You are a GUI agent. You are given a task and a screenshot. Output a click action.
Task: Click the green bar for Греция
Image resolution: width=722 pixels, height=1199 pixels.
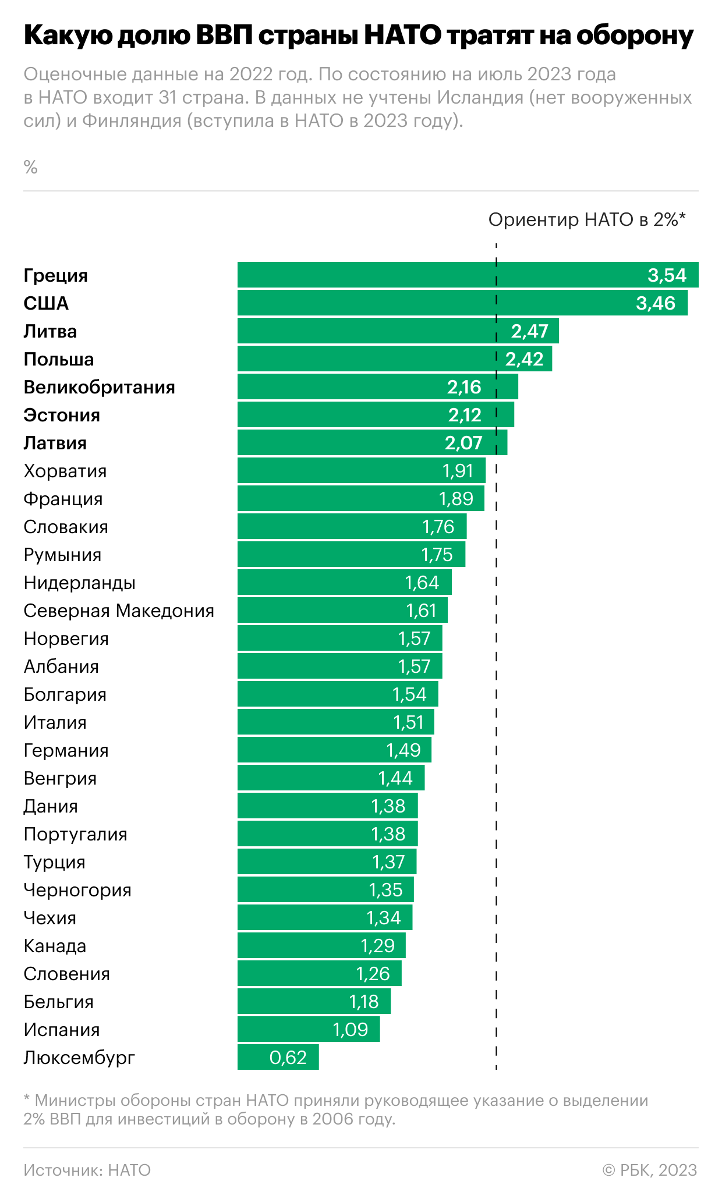click(x=468, y=275)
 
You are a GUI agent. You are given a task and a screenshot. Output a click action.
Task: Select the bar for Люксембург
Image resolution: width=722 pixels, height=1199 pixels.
click(x=278, y=1057)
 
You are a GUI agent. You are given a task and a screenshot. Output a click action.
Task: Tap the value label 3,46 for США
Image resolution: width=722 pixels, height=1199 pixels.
click(x=656, y=303)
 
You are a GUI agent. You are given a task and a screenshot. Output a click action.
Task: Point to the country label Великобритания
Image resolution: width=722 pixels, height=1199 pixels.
click(x=99, y=387)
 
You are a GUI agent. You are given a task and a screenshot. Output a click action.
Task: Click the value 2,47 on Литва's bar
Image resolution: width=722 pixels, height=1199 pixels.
click(x=530, y=331)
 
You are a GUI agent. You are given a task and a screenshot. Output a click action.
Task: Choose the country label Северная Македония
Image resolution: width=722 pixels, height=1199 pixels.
click(x=119, y=611)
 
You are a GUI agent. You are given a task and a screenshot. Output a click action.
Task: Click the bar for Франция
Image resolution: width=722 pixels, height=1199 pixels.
click(x=361, y=498)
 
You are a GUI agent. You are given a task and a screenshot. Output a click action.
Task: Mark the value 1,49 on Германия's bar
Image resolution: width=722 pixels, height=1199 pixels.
click(x=403, y=750)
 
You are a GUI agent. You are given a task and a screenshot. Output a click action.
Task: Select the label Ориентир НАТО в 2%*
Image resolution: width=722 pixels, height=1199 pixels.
click(x=587, y=219)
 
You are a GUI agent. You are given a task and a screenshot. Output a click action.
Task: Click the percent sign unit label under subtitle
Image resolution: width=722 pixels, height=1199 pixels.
click(x=31, y=168)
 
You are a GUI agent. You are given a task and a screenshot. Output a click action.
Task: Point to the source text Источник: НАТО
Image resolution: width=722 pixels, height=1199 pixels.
click(x=87, y=1170)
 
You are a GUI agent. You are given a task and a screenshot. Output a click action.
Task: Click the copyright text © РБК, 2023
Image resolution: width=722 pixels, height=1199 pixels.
click(x=649, y=1170)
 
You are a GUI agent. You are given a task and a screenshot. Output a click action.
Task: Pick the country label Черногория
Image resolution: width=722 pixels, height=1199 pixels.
click(x=77, y=890)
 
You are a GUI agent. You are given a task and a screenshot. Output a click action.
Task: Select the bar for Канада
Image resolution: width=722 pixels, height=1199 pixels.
click(x=321, y=945)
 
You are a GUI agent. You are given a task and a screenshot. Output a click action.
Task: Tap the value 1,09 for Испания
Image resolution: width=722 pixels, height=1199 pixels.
click(x=350, y=1030)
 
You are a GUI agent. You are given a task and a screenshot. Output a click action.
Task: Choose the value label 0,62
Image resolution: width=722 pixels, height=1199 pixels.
click(x=288, y=1058)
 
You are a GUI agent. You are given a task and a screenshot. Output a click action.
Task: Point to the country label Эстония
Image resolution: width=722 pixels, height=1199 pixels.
click(x=62, y=415)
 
